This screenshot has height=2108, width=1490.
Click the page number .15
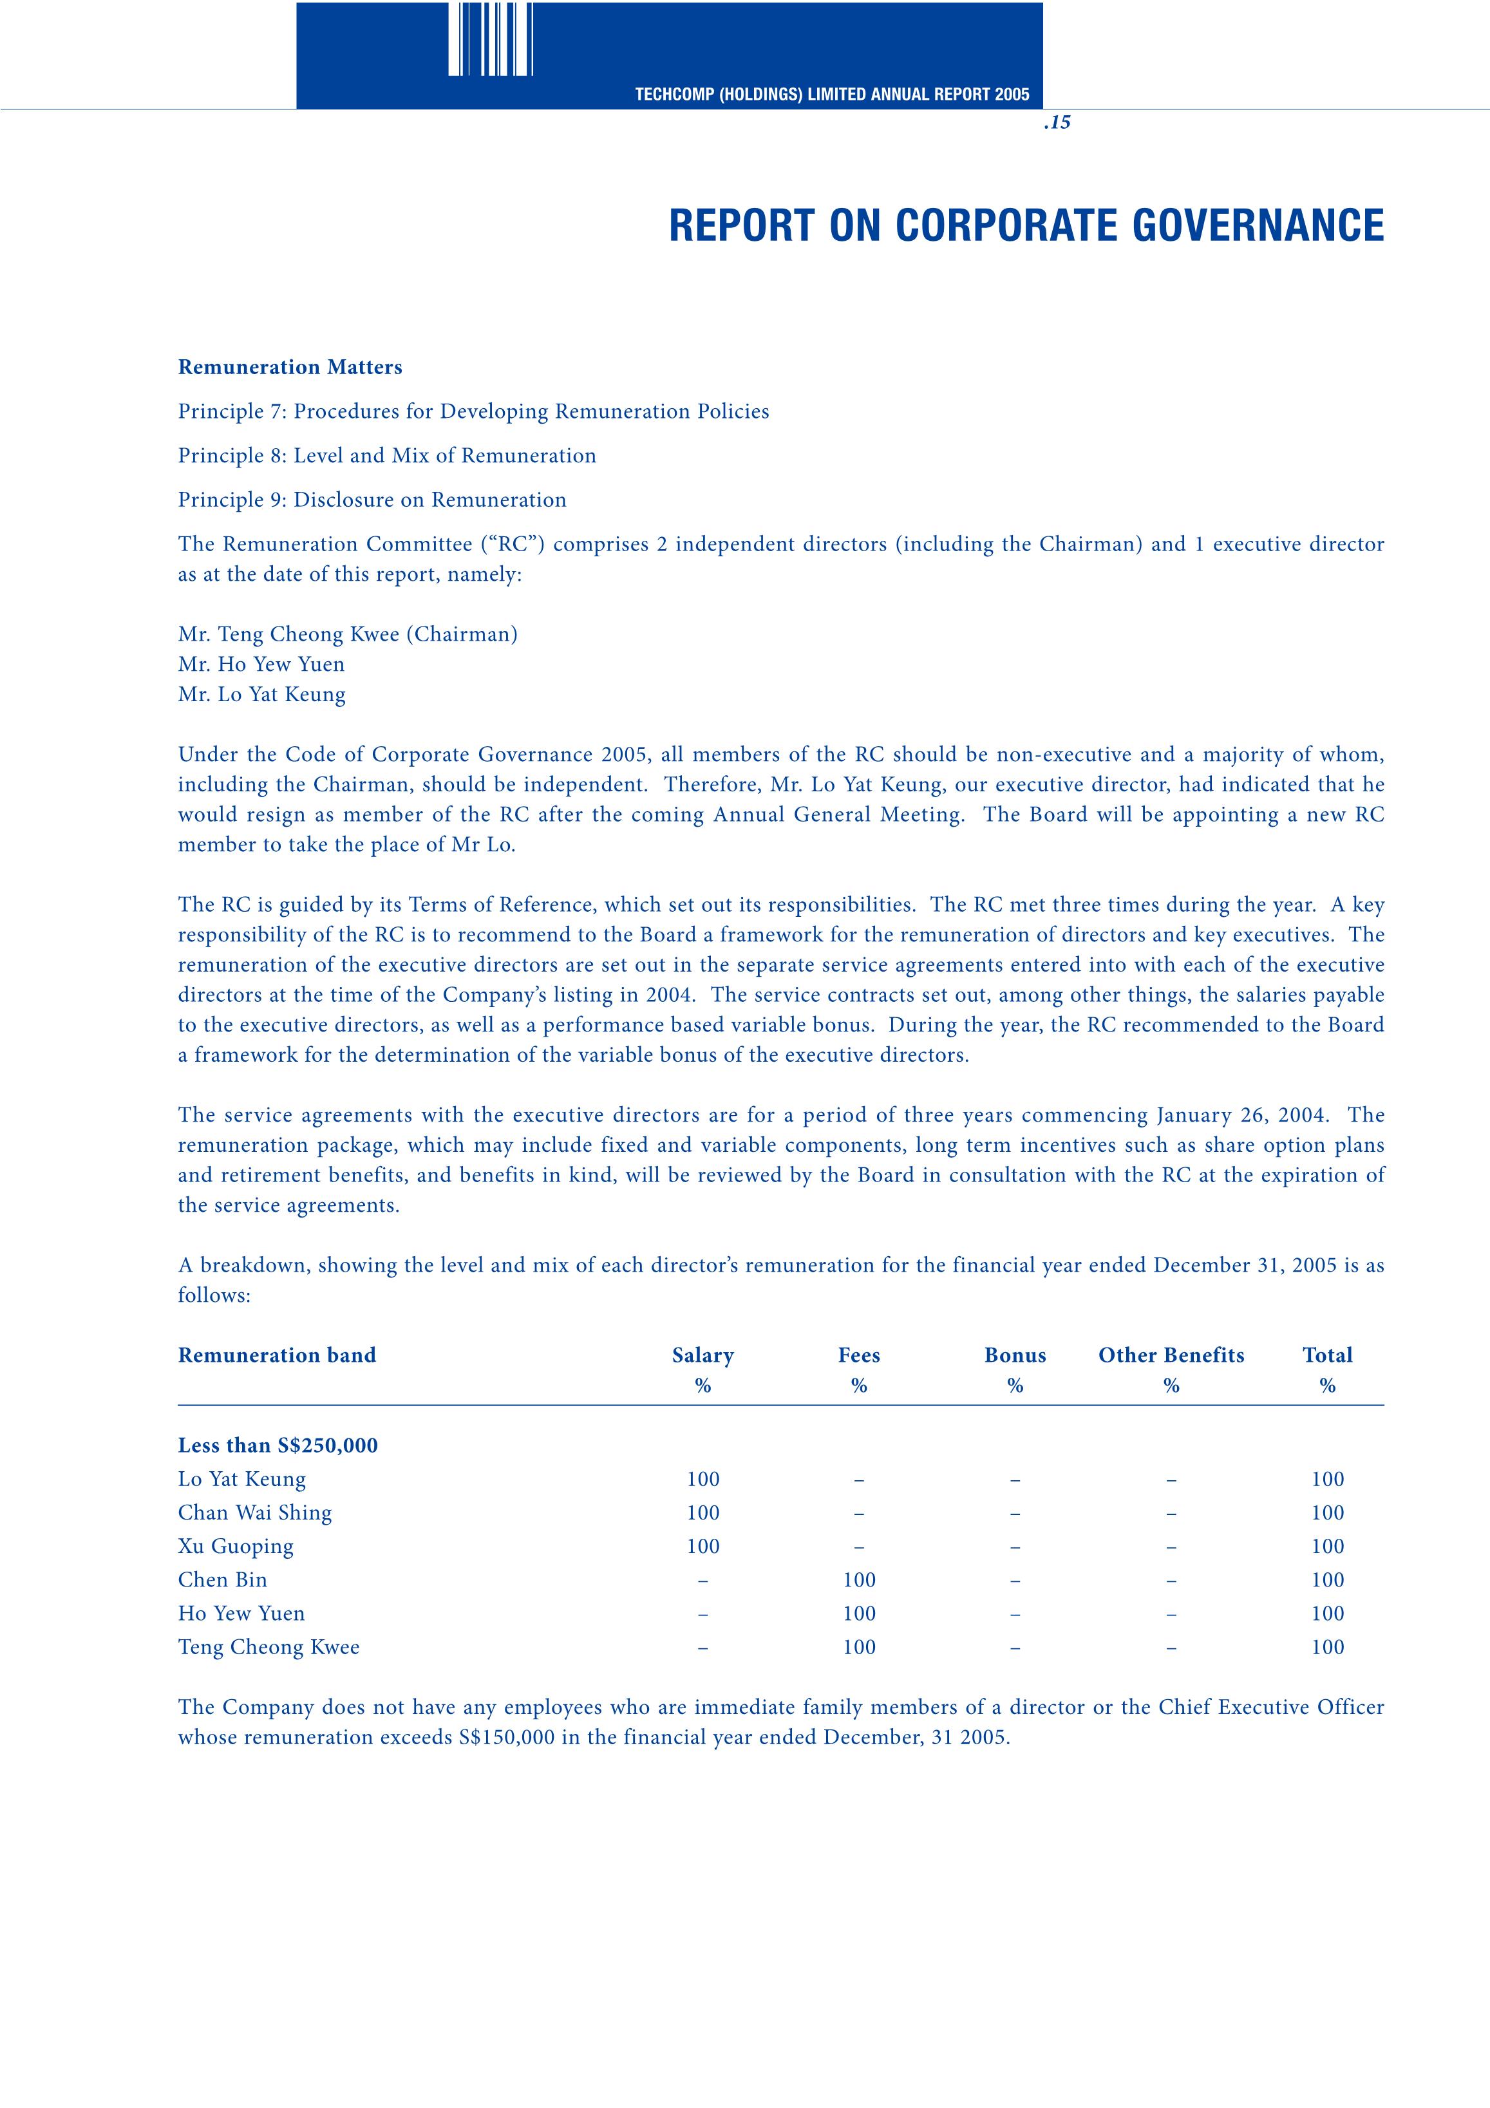(1057, 122)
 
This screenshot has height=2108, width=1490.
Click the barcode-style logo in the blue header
(490, 39)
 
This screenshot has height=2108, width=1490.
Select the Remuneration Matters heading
(290, 367)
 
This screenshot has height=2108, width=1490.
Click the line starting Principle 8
(386, 455)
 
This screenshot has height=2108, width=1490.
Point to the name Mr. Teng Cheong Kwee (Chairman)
(348, 634)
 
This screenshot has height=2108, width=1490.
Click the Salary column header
(703, 1355)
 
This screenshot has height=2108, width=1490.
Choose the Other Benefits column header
(1171, 1355)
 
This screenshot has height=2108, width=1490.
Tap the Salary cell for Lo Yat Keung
(703, 1479)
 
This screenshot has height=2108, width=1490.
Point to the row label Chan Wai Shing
(254, 1513)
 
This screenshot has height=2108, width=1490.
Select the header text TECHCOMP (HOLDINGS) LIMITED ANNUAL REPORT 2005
(832, 95)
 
